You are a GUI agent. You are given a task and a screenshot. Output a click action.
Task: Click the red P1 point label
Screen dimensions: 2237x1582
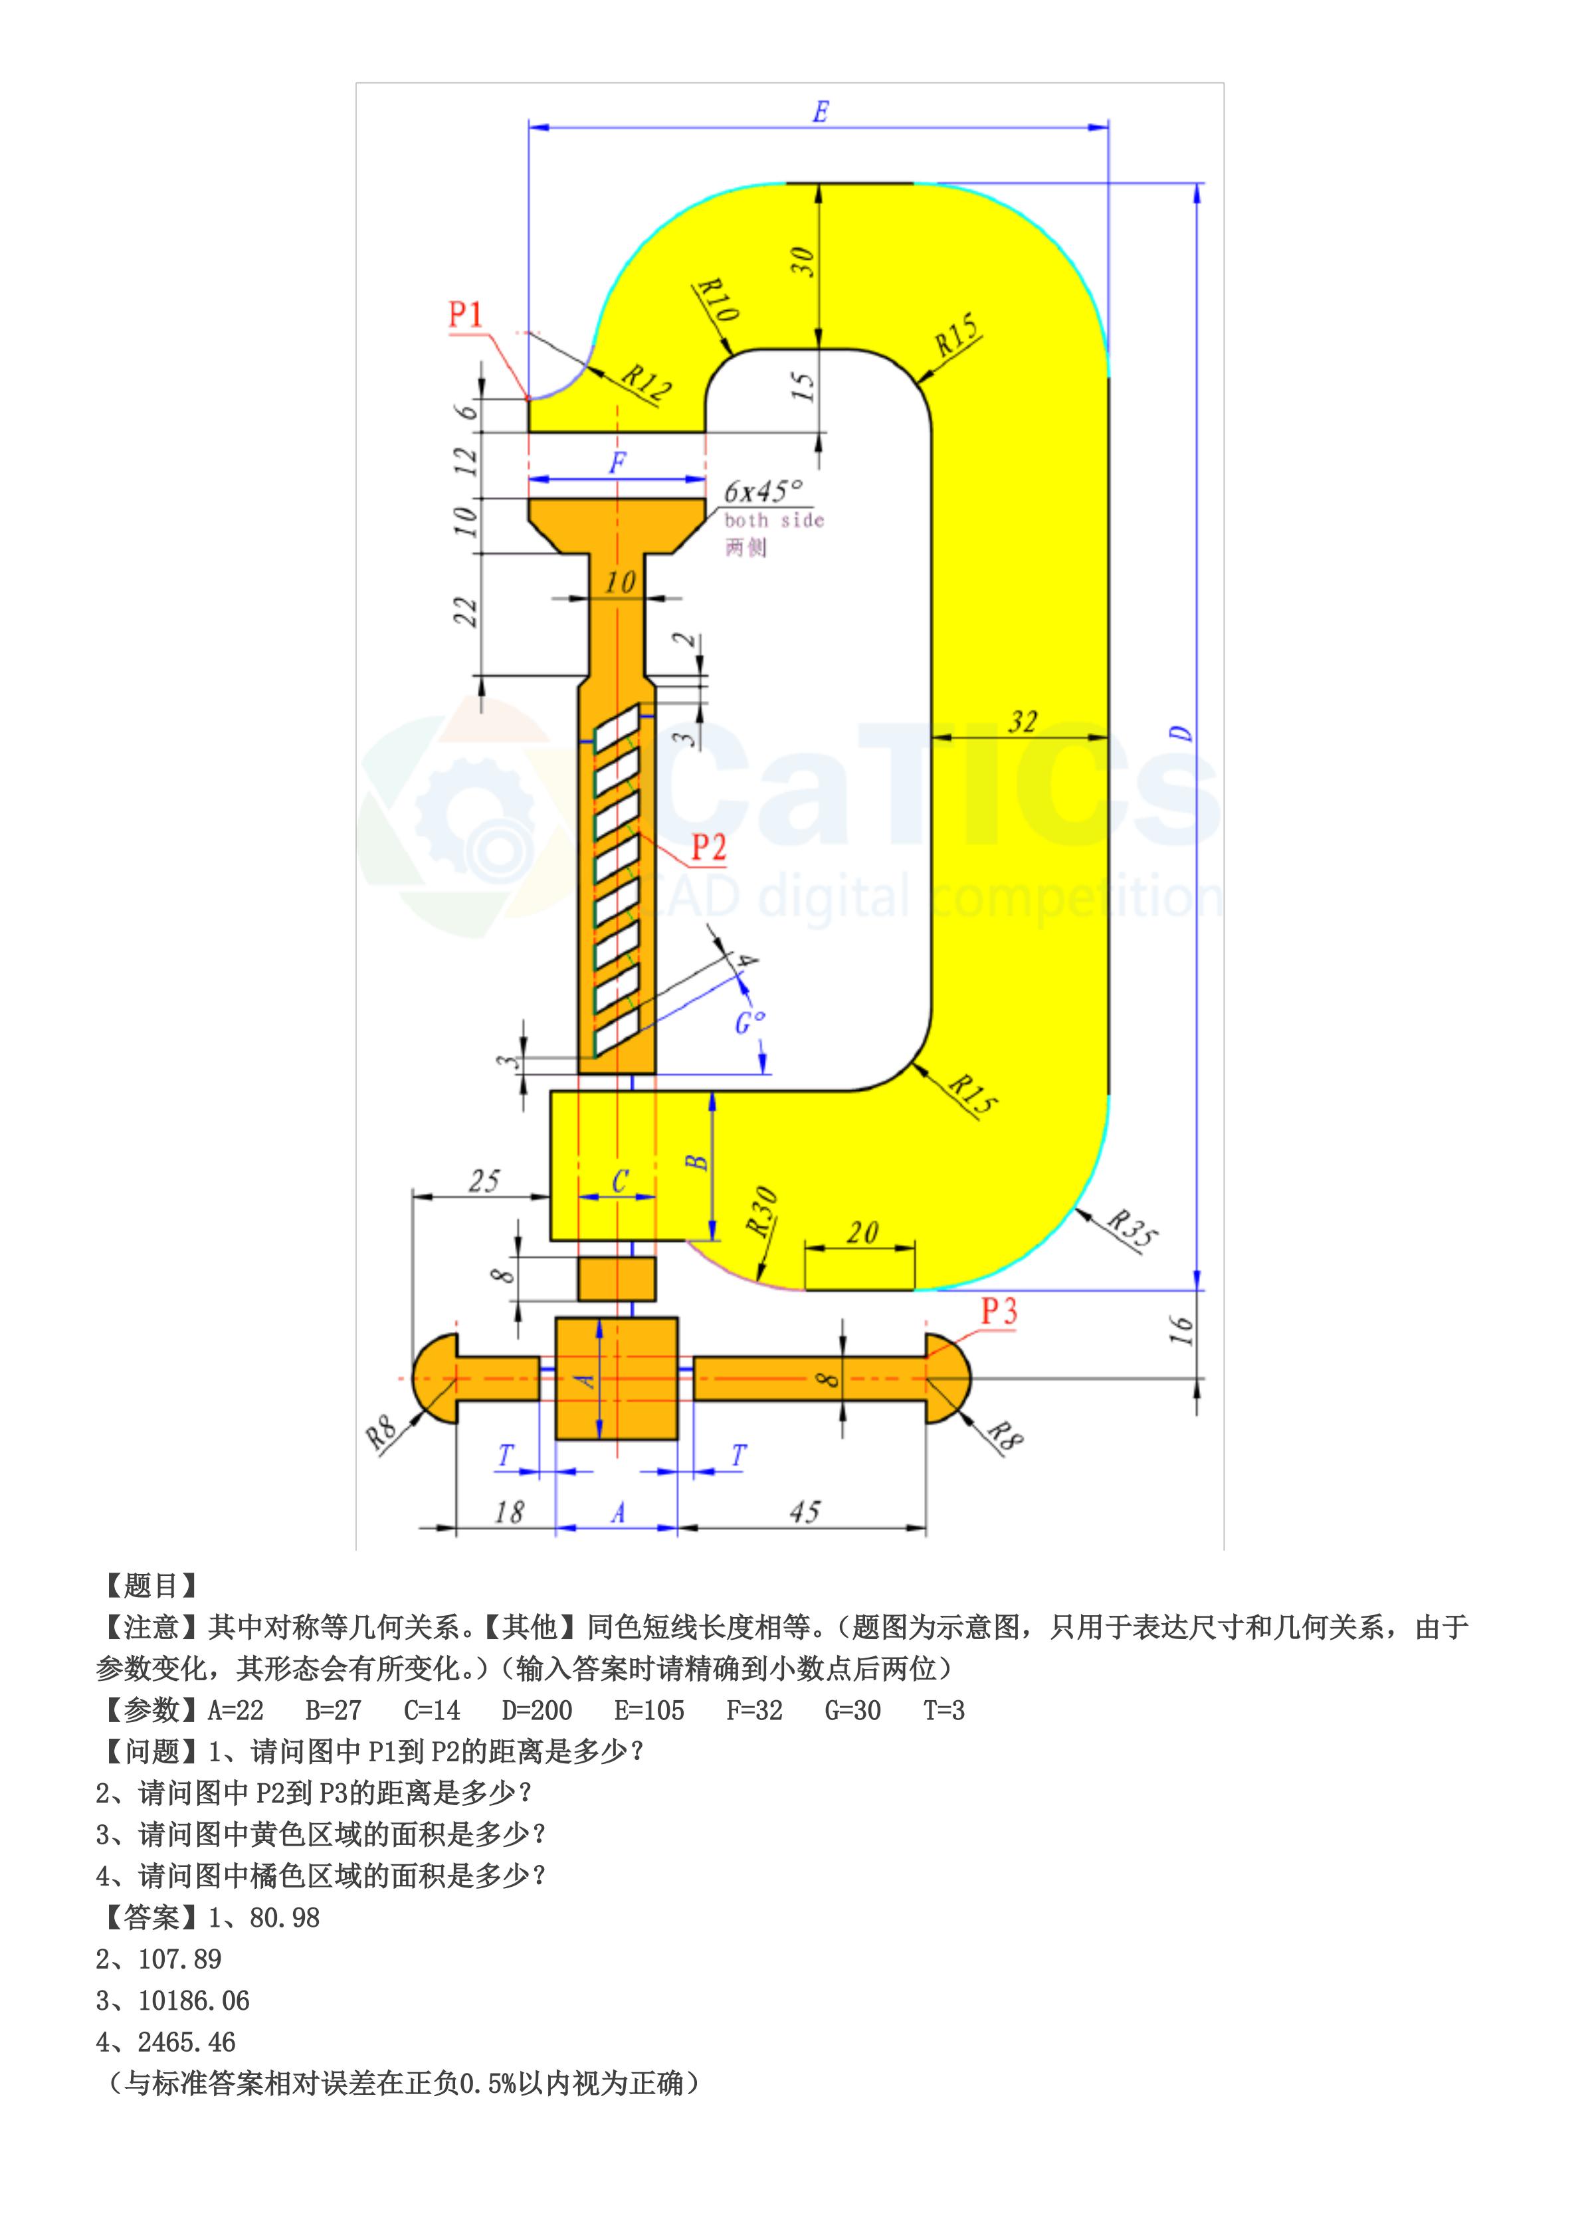[466, 315]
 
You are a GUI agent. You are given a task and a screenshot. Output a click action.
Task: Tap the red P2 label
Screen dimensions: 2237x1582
[709, 848]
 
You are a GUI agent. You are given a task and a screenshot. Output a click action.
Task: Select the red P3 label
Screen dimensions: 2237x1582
[999, 1312]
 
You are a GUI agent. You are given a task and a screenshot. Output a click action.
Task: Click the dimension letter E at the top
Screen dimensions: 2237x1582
[820, 112]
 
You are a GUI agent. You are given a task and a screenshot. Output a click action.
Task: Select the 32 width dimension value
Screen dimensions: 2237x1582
[1022, 722]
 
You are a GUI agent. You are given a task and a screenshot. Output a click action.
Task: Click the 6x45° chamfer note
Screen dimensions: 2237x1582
[763, 490]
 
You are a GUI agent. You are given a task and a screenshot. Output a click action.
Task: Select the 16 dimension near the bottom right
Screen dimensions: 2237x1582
[1181, 1329]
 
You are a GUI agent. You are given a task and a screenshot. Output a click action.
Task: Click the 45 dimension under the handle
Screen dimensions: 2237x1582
[805, 1511]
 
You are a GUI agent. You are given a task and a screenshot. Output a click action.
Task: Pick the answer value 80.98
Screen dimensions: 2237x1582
[284, 1917]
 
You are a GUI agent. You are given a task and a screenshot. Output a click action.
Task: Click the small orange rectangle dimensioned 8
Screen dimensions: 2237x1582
[617, 1278]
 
